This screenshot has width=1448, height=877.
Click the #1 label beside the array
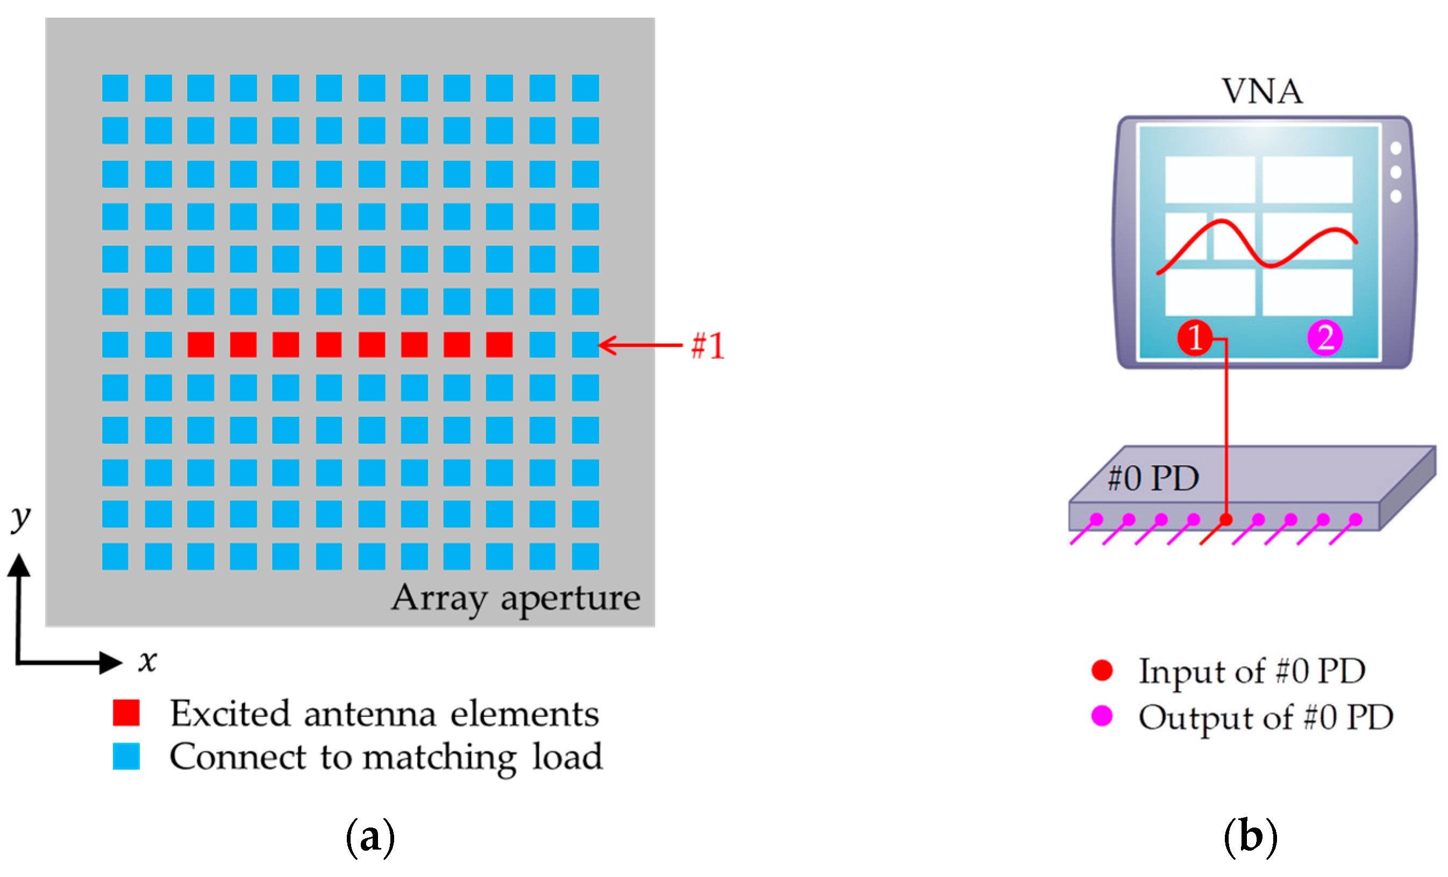pyautogui.click(x=707, y=346)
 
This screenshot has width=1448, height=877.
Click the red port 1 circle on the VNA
pyautogui.click(x=1194, y=338)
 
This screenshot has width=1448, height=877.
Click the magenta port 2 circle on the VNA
pyautogui.click(x=1324, y=338)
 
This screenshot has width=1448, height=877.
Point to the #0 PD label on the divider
pyautogui.click(x=1152, y=478)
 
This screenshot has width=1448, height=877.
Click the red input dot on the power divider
pyautogui.click(x=1225, y=519)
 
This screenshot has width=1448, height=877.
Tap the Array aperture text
pyautogui.click(x=516, y=598)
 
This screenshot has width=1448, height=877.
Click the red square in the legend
pyautogui.click(x=126, y=713)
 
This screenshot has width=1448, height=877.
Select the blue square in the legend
pyautogui.click(x=126, y=756)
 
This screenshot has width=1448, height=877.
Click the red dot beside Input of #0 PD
pyautogui.click(x=1102, y=671)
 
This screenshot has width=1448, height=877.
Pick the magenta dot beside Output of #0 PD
pyautogui.click(x=1102, y=716)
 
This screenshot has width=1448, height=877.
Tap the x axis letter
pyautogui.click(x=147, y=661)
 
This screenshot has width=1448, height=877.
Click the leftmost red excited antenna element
pyautogui.click(x=201, y=345)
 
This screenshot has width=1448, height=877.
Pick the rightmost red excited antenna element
pyautogui.click(x=499, y=345)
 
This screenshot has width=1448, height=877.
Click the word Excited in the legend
pyautogui.click(x=230, y=714)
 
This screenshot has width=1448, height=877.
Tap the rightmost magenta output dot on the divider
pyautogui.click(x=1355, y=519)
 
